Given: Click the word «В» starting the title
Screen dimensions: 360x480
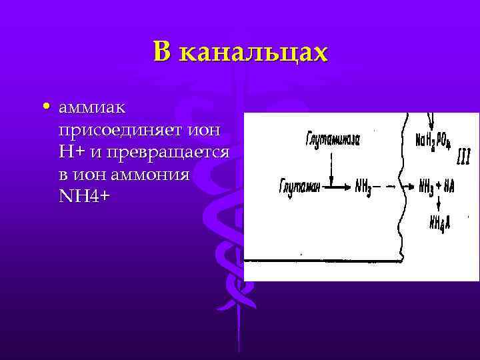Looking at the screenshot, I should tap(163, 52).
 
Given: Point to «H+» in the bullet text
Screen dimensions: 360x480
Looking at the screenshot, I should tap(71, 152).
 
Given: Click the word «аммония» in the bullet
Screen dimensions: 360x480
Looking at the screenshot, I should tap(157, 175).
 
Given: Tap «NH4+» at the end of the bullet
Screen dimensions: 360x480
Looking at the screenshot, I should tap(83, 197).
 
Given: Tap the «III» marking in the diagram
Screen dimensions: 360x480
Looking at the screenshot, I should tap(463, 157).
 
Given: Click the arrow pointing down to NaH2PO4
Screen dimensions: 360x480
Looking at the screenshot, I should tap(431, 121).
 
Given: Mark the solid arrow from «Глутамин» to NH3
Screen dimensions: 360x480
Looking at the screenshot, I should tap(339, 187).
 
